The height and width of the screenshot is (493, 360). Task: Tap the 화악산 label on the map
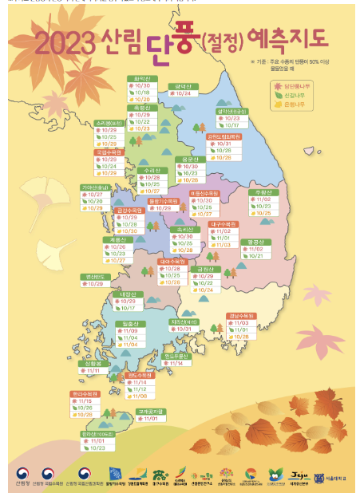point(143,79)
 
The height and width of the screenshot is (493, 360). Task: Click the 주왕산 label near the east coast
point(261,192)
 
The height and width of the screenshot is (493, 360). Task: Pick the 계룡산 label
point(115,239)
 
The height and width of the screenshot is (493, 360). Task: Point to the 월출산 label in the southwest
point(133,323)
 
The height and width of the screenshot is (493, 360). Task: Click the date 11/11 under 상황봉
point(93,370)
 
